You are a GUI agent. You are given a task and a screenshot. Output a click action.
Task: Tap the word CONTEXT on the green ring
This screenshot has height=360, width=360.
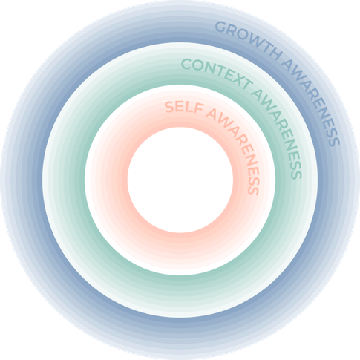[217, 73]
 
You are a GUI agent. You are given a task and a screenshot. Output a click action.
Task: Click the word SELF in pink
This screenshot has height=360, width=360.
[184, 108]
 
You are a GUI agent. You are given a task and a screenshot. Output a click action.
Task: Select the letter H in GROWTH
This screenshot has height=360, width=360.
[277, 54]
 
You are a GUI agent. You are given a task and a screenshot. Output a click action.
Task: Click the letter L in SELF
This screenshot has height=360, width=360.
[191, 107]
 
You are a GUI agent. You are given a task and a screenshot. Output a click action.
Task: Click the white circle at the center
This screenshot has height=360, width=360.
[180, 180]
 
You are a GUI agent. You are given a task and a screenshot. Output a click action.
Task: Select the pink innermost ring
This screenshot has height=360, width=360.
[180, 247]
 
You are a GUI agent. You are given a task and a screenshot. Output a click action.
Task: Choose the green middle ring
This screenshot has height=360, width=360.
[180, 295]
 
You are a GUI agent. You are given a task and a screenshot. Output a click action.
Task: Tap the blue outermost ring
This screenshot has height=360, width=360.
[180, 336]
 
